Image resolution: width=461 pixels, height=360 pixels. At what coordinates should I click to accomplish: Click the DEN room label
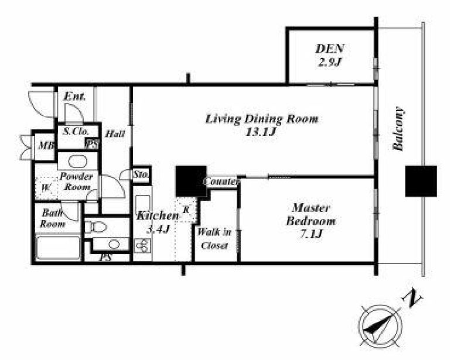coord(330,49)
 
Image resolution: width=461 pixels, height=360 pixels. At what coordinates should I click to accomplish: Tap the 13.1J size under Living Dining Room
coord(261,132)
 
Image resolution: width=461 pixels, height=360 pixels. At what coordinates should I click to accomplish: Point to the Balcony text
coord(399,129)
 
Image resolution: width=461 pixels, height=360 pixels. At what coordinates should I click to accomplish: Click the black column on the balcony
coord(421,181)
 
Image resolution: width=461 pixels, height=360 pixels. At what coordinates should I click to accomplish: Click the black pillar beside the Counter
coord(191,181)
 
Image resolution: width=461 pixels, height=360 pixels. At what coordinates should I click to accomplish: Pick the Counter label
coord(221,181)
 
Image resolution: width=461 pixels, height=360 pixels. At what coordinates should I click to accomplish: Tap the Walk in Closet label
coord(214,239)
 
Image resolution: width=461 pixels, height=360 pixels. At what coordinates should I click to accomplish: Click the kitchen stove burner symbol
coord(142,246)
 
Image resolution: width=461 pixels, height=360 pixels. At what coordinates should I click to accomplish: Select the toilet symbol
coord(96,227)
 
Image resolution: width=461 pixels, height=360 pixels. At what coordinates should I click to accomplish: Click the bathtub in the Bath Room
coord(58,248)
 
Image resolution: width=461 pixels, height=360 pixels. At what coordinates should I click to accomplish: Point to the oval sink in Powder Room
coord(78,162)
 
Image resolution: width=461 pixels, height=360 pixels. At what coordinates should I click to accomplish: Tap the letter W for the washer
coord(45,187)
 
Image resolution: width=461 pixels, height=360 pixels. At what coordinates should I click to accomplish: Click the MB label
coord(46,145)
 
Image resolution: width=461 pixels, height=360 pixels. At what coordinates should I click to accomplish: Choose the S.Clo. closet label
coord(76,131)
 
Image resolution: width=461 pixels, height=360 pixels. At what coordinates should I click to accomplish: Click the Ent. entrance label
coord(74,97)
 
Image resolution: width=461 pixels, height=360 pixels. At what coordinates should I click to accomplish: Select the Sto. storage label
coord(141,174)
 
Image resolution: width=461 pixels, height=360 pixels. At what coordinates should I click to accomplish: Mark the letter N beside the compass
coord(412,299)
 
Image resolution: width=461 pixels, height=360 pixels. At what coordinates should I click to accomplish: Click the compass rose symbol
coord(381,326)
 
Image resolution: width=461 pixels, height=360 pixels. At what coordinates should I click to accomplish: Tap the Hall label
coord(115,134)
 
